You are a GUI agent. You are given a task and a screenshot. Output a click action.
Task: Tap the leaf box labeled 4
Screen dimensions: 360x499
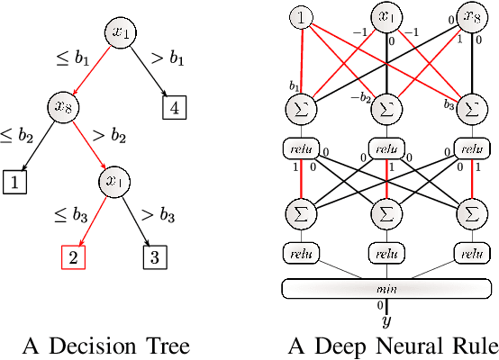[174, 108]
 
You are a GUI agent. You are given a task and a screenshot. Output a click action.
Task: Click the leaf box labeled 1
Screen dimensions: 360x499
[14, 184]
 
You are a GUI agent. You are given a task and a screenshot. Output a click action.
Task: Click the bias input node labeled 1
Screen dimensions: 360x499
[299, 18]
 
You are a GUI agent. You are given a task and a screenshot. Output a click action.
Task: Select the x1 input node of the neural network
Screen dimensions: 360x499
[386, 17]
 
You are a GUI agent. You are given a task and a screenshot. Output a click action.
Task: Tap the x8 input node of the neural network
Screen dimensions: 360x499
[473, 17]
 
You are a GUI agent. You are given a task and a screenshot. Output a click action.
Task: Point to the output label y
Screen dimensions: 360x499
[386, 319]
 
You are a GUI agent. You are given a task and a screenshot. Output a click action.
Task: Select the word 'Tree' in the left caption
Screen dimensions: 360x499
[166, 346]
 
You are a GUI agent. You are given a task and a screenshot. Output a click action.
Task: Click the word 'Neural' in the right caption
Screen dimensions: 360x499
[403, 346]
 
